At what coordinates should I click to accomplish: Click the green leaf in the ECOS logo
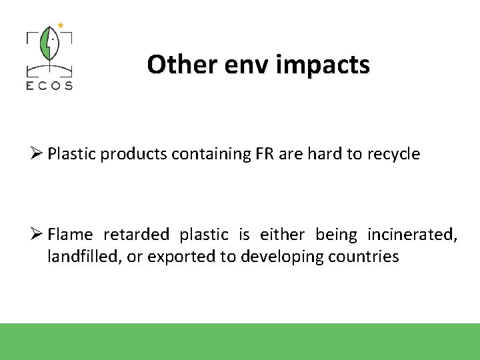click(x=49, y=45)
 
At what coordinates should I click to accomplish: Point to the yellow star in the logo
click(x=60, y=25)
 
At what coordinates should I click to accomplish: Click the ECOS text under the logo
click(x=49, y=85)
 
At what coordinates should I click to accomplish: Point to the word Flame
click(x=70, y=235)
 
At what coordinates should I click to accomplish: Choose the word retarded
click(x=136, y=235)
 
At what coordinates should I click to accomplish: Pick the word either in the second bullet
click(x=282, y=235)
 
